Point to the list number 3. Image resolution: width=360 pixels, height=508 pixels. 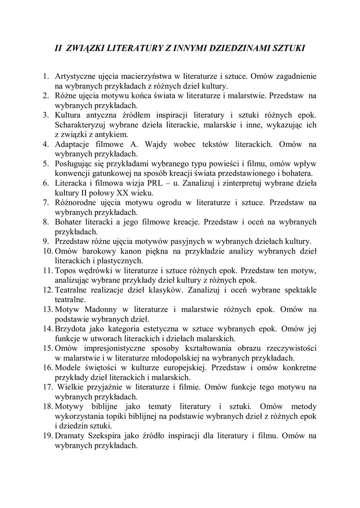pos(45,115)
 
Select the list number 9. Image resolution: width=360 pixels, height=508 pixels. pos(45,241)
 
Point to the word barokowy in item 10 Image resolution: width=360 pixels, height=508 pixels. pos(103,251)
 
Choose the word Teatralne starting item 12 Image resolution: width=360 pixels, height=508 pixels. pos(72,290)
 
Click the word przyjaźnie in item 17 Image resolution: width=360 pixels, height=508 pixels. pos(109,387)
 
